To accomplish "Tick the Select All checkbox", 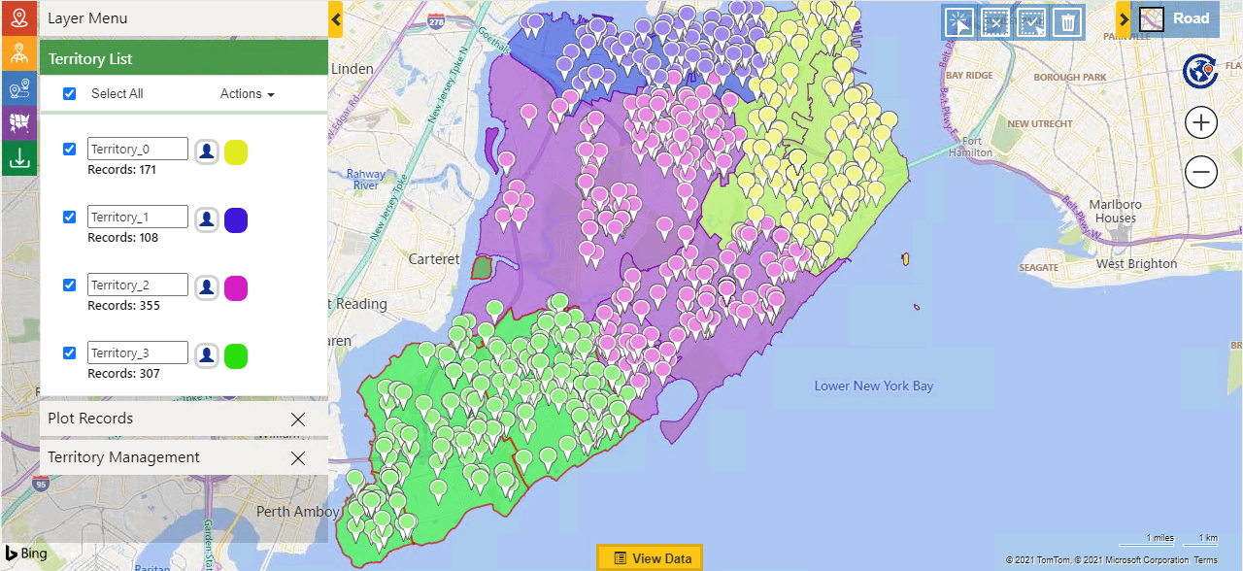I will click(x=69, y=94).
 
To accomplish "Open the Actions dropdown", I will click(x=247, y=94).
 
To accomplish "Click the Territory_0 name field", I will click(x=138, y=149).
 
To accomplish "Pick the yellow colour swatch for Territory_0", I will click(x=236, y=152).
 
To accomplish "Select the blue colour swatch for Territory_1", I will click(x=236, y=220).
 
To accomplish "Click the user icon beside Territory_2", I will click(x=206, y=288).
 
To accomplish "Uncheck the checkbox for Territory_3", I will click(x=69, y=353).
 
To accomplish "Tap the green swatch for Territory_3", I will click(x=236, y=356).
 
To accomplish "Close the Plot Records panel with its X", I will click(x=298, y=420).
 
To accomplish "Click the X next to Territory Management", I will click(x=298, y=458).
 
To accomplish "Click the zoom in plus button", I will click(x=1201, y=123).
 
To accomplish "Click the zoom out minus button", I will click(x=1201, y=173).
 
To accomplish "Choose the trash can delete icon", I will click(x=1067, y=21).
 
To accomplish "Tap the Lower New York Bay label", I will click(x=874, y=386).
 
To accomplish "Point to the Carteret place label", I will click(x=434, y=259).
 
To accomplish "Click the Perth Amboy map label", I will click(x=297, y=511).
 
